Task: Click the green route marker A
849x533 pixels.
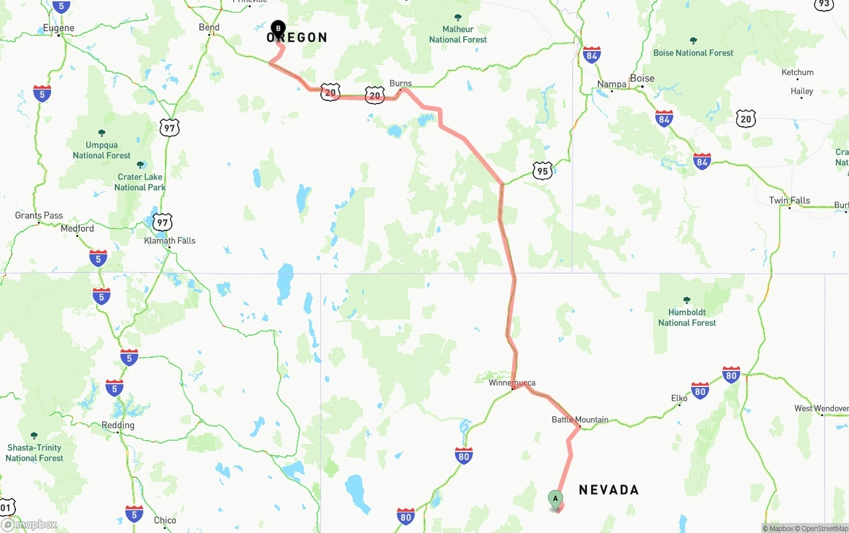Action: pyautogui.click(x=555, y=498)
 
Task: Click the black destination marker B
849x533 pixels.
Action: pyautogui.click(x=279, y=29)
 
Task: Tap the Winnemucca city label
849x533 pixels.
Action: pyautogui.click(x=511, y=383)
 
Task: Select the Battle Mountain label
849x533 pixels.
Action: pyautogui.click(x=580, y=419)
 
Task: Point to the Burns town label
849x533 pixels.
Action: pyautogui.click(x=401, y=84)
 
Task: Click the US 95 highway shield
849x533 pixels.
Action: pyautogui.click(x=542, y=171)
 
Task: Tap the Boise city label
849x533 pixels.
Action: pyautogui.click(x=642, y=78)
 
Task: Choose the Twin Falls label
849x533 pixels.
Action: pyautogui.click(x=789, y=200)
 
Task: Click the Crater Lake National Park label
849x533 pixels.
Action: pyautogui.click(x=139, y=182)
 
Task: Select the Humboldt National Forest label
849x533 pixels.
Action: pyautogui.click(x=687, y=317)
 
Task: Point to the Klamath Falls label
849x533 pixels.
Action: pyautogui.click(x=170, y=240)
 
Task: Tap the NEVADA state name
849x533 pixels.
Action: pyautogui.click(x=609, y=490)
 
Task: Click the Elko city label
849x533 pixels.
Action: pyautogui.click(x=679, y=398)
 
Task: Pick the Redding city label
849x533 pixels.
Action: pyautogui.click(x=118, y=425)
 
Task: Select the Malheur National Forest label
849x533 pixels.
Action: pyautogui.click(x=458, y=35)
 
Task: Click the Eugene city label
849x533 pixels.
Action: pyautogui.click(x=58, y=28)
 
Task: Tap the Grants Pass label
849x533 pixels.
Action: pyautogui.click(x=39, y=215)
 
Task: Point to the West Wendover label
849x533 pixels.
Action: pyautogui.click(x=821, y=408)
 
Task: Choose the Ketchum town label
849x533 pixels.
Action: pyautogui.click(x=797, y=72)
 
